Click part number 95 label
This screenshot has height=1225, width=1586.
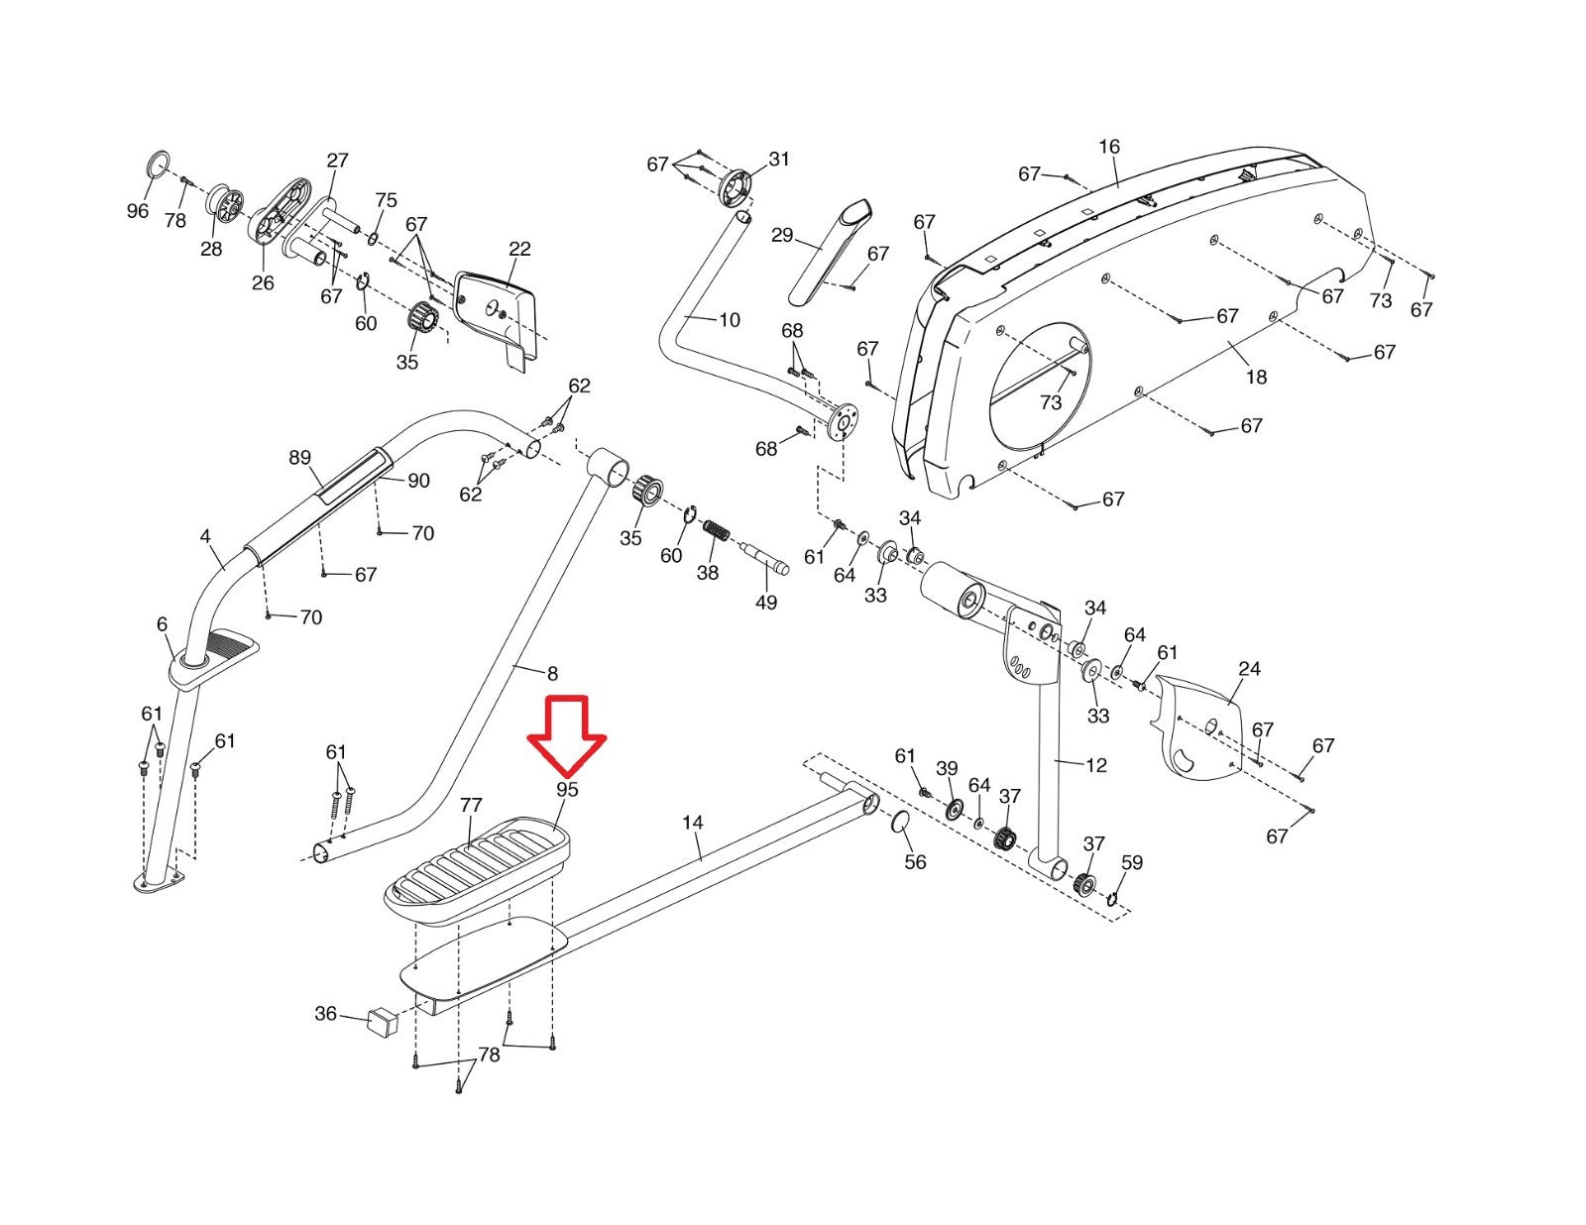[567, 790]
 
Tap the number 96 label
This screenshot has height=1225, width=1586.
[138, 211]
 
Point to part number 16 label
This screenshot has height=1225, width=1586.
[1109, 147]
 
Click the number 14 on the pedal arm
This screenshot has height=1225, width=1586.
[693, 823]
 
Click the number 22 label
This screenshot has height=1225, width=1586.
[519, 250]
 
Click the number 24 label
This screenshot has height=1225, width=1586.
[1249, 669]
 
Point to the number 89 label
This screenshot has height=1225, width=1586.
[299, 458]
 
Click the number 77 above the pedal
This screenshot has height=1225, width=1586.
[471, 806]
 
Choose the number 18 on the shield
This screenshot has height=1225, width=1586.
[1256, 377]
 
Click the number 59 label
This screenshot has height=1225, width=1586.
[1131, 862]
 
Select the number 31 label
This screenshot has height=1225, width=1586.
[780, 160]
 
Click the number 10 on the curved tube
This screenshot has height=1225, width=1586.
[730, 320]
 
